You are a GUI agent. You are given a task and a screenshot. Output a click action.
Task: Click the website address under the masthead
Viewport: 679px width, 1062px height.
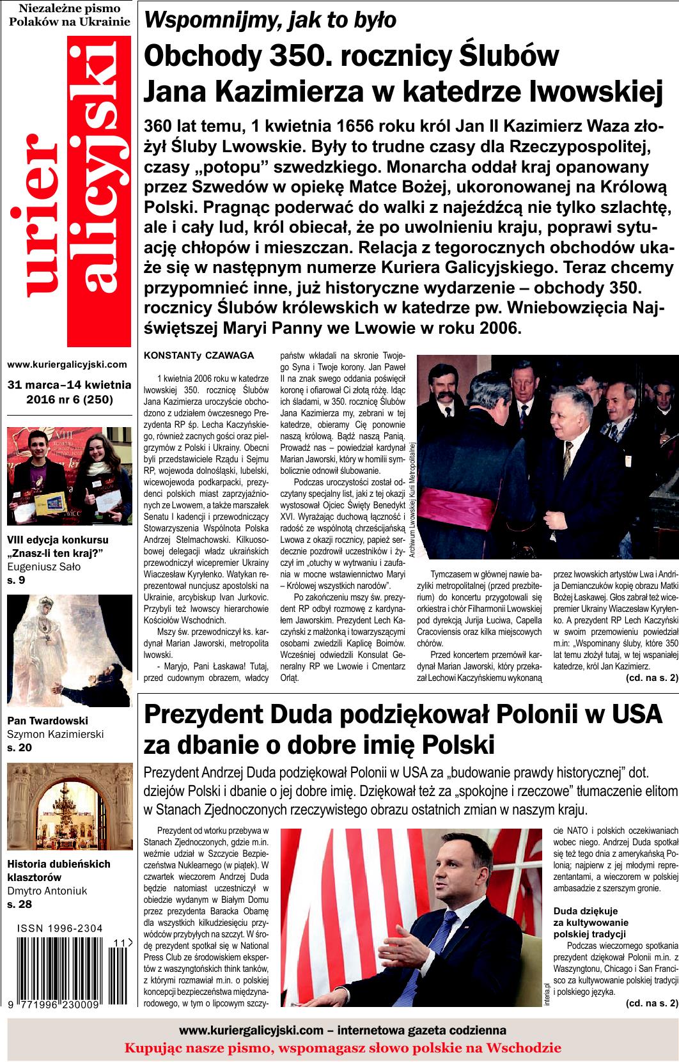(x=67, y=364)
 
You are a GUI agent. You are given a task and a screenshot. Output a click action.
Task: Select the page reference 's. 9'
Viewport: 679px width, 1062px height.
(x=16, y=581)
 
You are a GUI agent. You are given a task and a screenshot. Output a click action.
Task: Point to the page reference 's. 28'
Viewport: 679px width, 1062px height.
(x=19, y=904)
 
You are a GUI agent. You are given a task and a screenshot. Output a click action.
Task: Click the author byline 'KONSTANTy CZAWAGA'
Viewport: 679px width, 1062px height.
(x=199, y=355)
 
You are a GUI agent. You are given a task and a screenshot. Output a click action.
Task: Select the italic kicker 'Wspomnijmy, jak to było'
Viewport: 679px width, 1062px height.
(x=271, y=20)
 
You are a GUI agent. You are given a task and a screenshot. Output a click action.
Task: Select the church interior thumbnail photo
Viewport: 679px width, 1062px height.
(x=67, y=808)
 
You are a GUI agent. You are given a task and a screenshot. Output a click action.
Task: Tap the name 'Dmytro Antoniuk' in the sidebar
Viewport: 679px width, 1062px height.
(x=47, y=891)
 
